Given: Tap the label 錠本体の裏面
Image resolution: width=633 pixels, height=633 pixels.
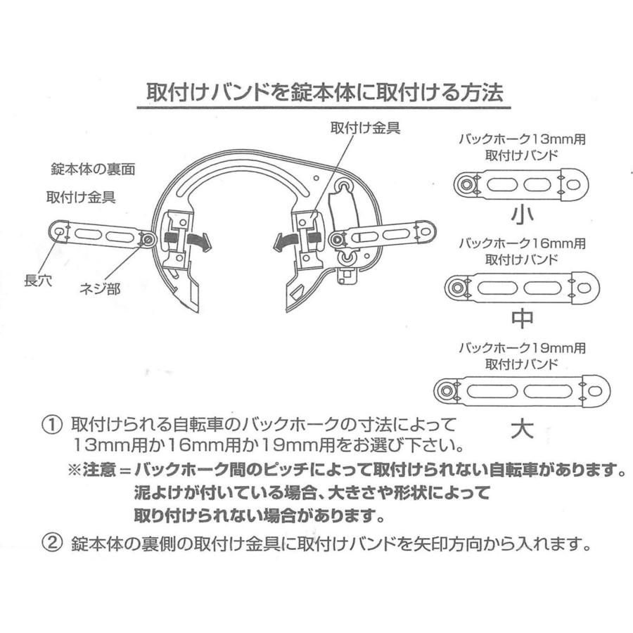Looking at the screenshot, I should click(93, 170).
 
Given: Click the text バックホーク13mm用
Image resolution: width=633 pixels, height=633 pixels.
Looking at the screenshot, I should click(521, 140).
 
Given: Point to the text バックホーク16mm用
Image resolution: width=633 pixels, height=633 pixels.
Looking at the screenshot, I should click(521, 243).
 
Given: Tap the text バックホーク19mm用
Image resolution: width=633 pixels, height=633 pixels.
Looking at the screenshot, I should click(521, 348).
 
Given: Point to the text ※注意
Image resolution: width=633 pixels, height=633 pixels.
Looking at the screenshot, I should click(93, 469).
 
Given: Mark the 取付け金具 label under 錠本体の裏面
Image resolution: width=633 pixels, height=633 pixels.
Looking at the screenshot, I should click(81, 198).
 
